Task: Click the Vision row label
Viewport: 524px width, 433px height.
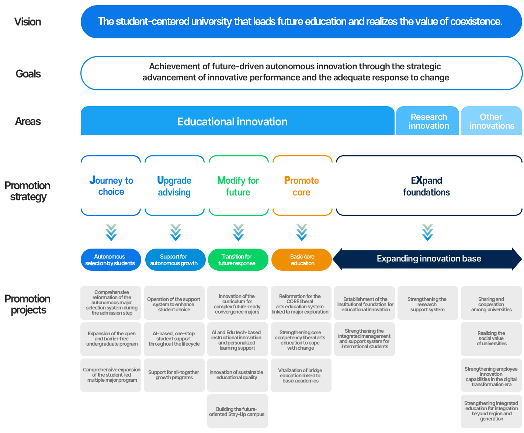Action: [28, 22]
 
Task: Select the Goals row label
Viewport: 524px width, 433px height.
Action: [28, 74]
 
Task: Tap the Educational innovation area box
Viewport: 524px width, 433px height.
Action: [237, 121]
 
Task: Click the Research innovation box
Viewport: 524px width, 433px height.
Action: [427, 121]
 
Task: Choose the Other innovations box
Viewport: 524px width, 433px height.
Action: [491, 121]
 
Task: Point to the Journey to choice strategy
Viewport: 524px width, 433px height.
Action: [111, 186]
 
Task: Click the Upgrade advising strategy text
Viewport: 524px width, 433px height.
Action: [174, 186]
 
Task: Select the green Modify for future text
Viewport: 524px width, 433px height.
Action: [238, 186]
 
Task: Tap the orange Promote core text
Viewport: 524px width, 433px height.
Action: [301, 186]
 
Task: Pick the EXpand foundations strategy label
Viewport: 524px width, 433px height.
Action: [426, 186]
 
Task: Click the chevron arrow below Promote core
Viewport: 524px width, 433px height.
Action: [301, 232]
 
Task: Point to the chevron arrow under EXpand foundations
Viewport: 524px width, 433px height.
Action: [427, 232]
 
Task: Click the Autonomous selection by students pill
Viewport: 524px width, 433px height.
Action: [111, 260]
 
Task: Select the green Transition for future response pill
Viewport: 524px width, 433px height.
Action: [238, 260]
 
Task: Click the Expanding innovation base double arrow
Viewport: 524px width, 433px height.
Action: [427, 259]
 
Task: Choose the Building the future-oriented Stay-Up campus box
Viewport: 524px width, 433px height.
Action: [237, 411]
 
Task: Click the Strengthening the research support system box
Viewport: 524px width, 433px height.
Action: [428, 303]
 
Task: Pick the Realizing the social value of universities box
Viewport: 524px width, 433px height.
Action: [491, 339]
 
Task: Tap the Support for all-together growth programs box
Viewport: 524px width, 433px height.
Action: [174, 375]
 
